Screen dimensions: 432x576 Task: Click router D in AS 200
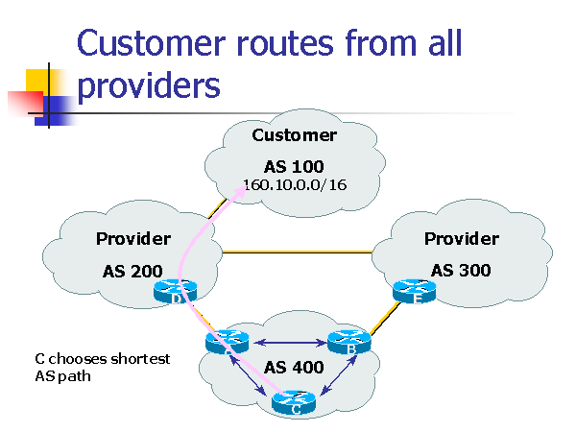coord(179,292)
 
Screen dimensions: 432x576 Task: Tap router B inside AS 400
coord(349,343)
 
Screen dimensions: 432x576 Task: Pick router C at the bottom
coord(295,404)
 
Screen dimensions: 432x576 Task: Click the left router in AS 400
coord(228,340)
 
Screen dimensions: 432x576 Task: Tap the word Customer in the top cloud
coord(295,135)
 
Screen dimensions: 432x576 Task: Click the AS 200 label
coord(132,271)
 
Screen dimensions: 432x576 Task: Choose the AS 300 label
coord(461,270)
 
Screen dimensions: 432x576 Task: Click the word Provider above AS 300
coord(462,238)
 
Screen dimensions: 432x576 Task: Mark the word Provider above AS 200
coord(133,238)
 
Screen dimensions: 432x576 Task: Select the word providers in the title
coord(149,85)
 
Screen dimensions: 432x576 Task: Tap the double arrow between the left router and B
coord(288,341)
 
